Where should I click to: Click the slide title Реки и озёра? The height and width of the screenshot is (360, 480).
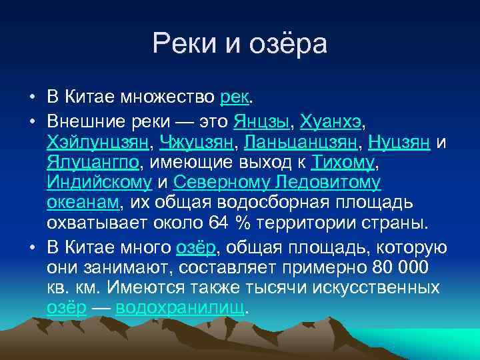pyautogui.click(x=240, y=45)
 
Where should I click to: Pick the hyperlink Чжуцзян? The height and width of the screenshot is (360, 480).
pyautogui.click(x=198, y=143)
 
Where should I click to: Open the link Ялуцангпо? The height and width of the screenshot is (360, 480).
pyautogui.click(x=93, y=163)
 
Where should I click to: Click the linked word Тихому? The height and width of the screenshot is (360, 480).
pyautogui.click(x=345, y=163)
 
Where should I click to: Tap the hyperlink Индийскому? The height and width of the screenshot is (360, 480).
pyautogui.click(x=99, y=183)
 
